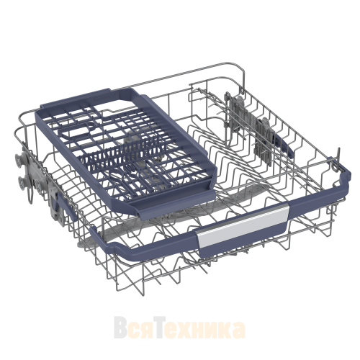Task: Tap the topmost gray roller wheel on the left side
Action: (x=19, y=158)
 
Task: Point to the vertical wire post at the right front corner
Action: (x=338, y=159)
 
